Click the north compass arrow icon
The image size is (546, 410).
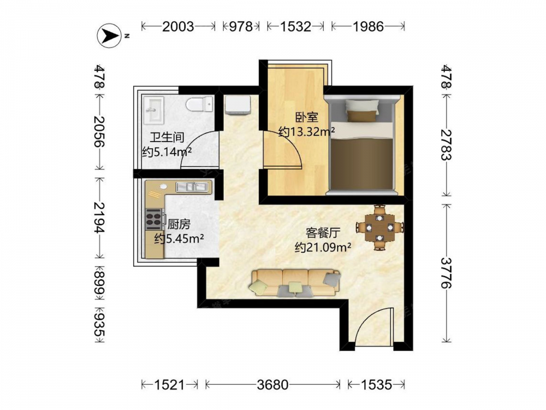[x=109, y=36]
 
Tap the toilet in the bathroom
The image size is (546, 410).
[x=199, y=104]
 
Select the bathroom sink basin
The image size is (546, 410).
[x=153, y=110]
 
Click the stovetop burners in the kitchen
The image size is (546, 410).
[x=153, y=219]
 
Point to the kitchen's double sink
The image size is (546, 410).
[x=193, y=187]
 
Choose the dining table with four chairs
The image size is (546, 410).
[x=379, y=227]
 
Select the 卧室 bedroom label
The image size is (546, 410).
[x=307, y=117]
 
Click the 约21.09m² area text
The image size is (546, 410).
[x=323, y=247]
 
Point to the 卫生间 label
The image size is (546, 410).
[x=167, y=137]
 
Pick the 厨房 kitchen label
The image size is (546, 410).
[x=179, y=224]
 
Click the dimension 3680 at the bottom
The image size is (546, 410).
[x=272, y=384]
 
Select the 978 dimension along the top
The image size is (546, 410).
[x=241, y=26]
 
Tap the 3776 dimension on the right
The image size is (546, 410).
[x=446, y=273]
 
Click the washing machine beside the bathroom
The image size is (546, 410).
[x=238, y=105]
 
